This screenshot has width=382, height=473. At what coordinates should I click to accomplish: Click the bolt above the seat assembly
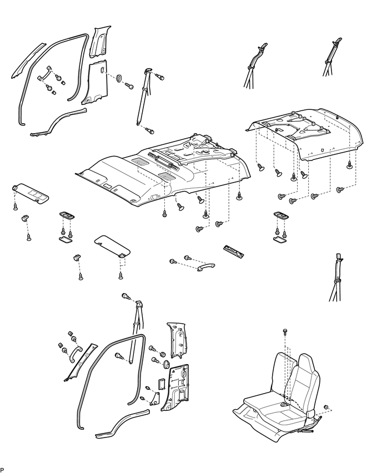(x=285, y=331)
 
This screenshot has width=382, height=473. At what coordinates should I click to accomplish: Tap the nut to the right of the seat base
(x=326, y=407)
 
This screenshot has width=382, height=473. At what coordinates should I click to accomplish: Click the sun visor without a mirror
(x=112, y=245)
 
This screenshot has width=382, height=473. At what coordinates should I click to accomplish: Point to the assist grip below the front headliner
(x=206, y=266)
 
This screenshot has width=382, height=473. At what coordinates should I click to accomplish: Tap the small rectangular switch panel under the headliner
(x=233, y=251)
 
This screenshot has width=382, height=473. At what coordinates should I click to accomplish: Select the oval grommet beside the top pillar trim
(x=119, y=78)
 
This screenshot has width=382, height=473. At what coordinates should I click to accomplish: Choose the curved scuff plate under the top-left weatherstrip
(x=58, y=123)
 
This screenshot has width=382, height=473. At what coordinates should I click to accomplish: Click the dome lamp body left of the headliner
(x=67, y=215)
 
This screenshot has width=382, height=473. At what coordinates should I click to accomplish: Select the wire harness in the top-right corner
(x=332, y=57)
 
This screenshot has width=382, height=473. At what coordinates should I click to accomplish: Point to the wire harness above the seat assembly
(x=336, y=278)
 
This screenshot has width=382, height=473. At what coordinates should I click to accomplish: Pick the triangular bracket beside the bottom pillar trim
(x=155, y=398)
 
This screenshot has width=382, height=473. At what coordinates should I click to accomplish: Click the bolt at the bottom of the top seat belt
(x=150, y=131)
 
